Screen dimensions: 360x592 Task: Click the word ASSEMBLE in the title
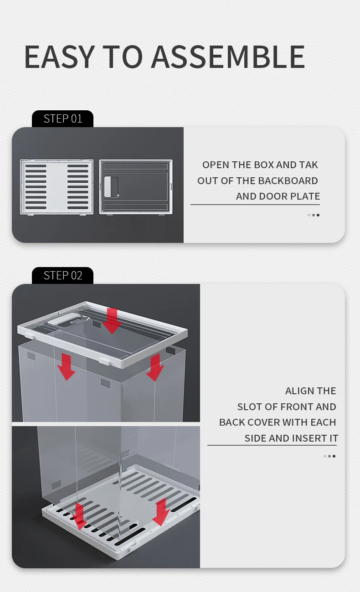tap(228, 57)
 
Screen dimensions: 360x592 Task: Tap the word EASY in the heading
tap(59, 57)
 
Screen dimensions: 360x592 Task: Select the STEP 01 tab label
tap(63, 118)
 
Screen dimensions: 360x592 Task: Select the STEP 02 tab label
tap(63, 275)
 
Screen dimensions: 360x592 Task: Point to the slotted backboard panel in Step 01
tap(57, 187)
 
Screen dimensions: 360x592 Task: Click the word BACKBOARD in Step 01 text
tap(288, 181)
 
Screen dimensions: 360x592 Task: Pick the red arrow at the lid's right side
tap(155, 368)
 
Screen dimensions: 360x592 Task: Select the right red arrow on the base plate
tap(161, 512)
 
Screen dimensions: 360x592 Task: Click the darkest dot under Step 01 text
tap(318, 215)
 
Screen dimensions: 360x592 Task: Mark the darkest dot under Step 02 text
tap(334, 456)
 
